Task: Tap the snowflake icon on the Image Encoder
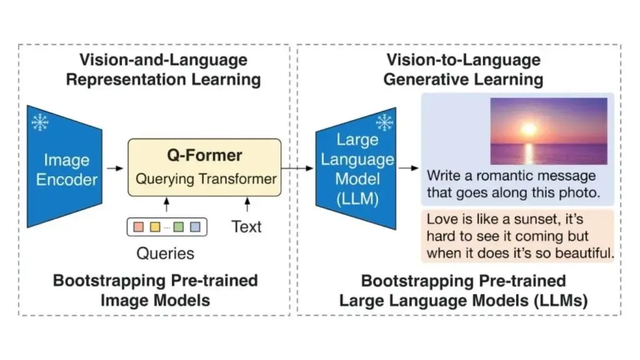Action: (40, 122)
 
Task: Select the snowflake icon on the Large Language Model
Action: (384, 122)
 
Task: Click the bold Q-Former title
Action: (204, 155)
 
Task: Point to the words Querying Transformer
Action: (206, 179)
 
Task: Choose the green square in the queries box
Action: (179, 227)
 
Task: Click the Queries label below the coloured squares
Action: (165, 253)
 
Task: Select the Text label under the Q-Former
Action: (246, 226)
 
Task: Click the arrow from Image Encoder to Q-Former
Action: (114, 168)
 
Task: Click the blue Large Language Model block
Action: (357, 169)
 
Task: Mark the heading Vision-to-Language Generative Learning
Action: (463, 69)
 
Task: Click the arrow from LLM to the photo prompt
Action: (409, 168)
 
